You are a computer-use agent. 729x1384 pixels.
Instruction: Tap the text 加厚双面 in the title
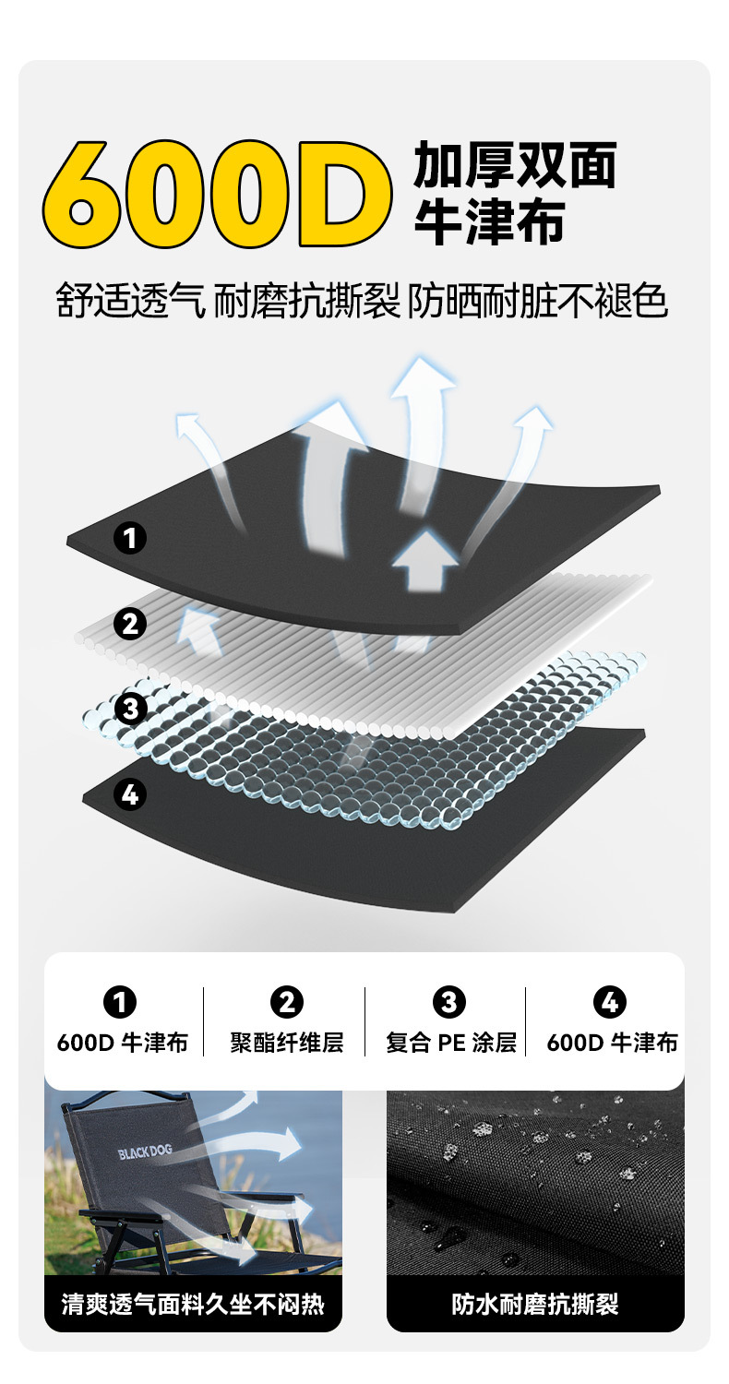[x=514, y=165]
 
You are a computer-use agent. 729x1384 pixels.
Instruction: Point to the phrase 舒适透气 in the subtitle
[x=130, y=301]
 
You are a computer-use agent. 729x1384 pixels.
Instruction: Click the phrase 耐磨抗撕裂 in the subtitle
[x=307, y=301]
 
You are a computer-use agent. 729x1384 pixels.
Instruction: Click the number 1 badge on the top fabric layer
[x=130, y=537]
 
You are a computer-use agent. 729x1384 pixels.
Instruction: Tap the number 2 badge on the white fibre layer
[x=130, y=624]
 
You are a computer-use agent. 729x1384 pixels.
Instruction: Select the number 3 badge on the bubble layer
[x=130, y=709]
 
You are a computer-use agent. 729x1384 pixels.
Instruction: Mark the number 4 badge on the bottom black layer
[x=130, y=793]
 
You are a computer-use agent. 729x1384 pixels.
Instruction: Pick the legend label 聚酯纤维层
[x=286, y=1043]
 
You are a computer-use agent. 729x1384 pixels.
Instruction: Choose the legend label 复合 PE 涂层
[x=450, y=1043]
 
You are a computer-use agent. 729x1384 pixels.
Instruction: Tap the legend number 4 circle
[x=610, y=1002]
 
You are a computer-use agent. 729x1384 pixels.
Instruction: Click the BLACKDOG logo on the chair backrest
[x=145, y=1152]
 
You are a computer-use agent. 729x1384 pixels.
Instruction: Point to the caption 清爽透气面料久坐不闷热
[x=193, y=1304]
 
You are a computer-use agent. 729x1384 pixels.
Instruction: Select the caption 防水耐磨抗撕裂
[x=535, y=1304]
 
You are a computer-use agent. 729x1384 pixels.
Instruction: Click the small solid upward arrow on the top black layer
[x=424, y=559]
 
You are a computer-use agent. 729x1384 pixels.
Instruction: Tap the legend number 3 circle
[x=449, y=1002]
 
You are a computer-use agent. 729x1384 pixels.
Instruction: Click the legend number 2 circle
[x=286, y=1002]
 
